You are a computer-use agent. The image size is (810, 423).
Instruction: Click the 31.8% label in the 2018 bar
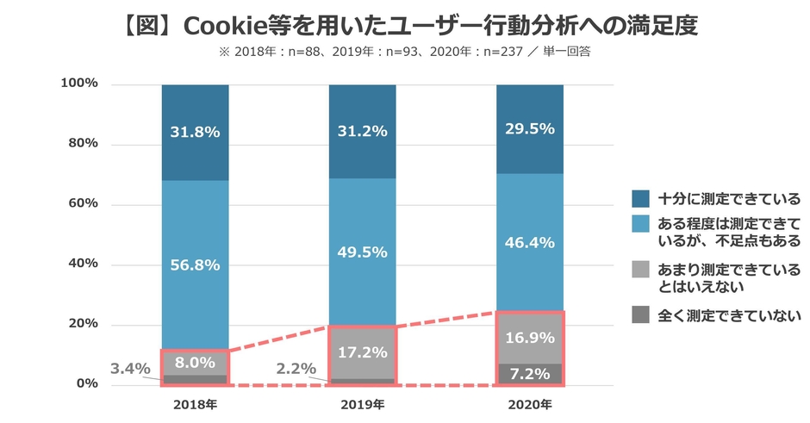coord(195,132)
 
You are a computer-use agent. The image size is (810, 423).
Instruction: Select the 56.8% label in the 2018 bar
coord(195,264)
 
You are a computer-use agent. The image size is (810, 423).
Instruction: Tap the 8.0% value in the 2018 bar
coord(195,363)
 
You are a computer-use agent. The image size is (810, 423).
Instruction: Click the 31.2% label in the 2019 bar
coord(362,132)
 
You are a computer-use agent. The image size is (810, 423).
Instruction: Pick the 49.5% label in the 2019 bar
coord(362,252)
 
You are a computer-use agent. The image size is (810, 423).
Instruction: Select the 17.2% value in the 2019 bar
coord(362,353)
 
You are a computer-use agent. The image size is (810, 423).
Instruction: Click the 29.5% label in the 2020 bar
coord(529,128)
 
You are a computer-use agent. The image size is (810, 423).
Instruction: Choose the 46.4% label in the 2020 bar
coord(529,243)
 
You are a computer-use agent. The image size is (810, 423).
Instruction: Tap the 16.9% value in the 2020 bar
coord(529,337)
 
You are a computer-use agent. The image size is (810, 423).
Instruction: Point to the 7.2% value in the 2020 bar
coord(529,374)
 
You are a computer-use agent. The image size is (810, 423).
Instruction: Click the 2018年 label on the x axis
coord(195,404)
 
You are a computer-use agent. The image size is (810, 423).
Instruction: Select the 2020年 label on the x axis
coord(529,404)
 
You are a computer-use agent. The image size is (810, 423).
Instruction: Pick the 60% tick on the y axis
coord(79,204)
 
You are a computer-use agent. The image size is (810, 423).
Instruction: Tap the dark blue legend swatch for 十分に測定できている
coord(640,198)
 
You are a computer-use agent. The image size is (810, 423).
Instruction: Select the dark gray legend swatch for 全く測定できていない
coord(640,315)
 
